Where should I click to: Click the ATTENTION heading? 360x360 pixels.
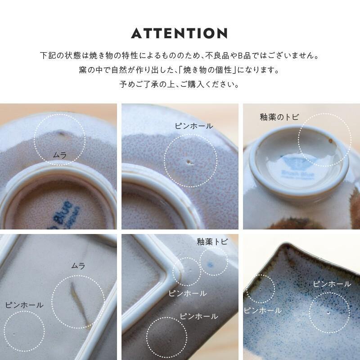180,33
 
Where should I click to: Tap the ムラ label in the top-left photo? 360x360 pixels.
59,155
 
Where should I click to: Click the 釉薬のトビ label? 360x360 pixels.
279,117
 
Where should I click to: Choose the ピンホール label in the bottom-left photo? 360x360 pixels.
24,305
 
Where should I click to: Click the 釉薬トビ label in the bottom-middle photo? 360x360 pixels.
212,242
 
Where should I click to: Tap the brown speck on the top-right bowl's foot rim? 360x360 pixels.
332,141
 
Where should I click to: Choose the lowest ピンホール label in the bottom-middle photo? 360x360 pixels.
198,316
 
